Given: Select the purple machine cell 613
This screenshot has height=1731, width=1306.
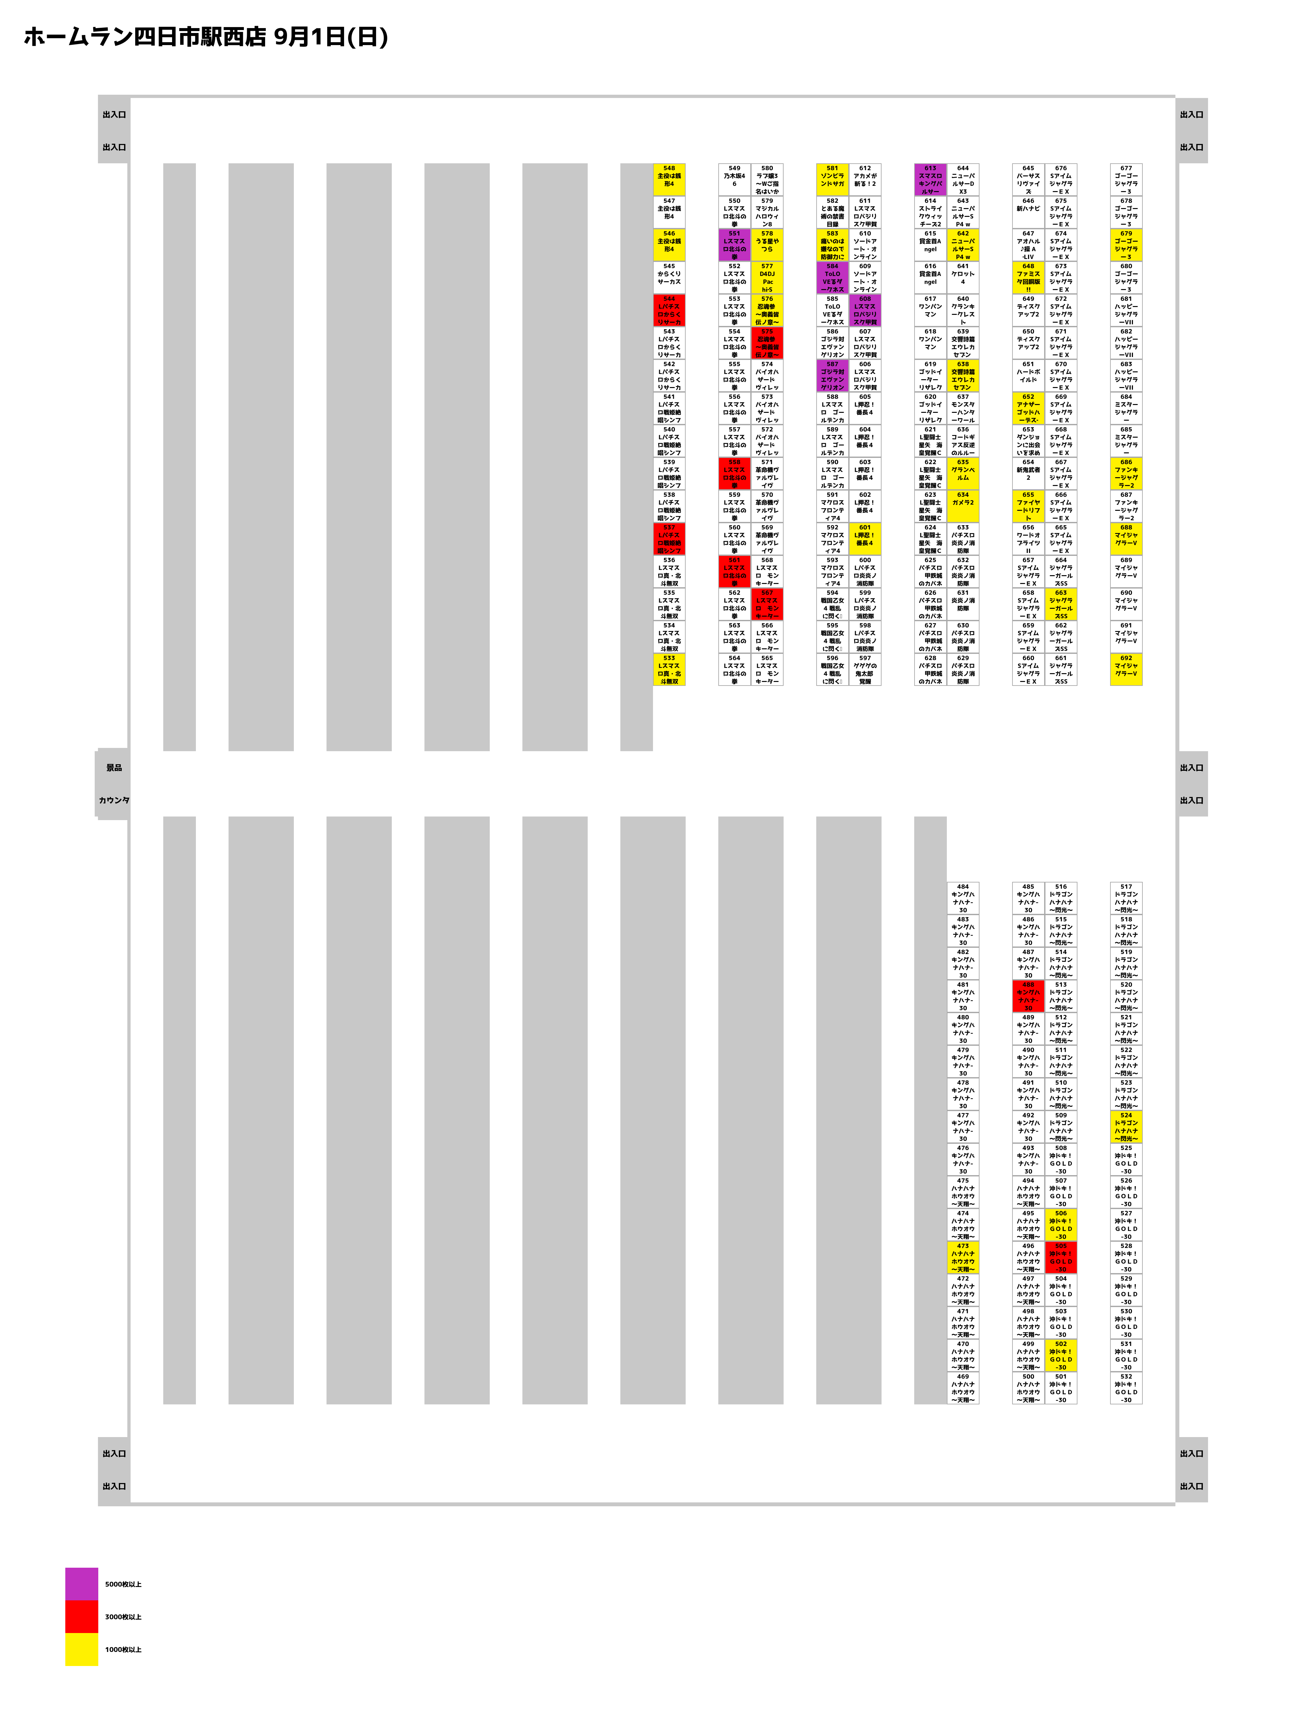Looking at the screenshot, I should pos(930,179).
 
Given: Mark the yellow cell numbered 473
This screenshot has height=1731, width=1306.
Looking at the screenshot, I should pos(963,1257).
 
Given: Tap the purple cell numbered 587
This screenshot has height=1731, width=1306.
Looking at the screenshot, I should pos(832,376).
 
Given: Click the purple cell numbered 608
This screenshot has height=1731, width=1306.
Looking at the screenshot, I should pos(865,310).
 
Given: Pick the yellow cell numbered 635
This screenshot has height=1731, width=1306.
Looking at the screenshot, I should pos(963,474).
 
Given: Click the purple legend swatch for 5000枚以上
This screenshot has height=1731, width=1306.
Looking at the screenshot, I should pos(81,1584).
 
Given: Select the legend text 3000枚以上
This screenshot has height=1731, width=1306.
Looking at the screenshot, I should pos(123,1617).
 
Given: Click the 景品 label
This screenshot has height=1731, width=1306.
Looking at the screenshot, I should pos(114,768).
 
